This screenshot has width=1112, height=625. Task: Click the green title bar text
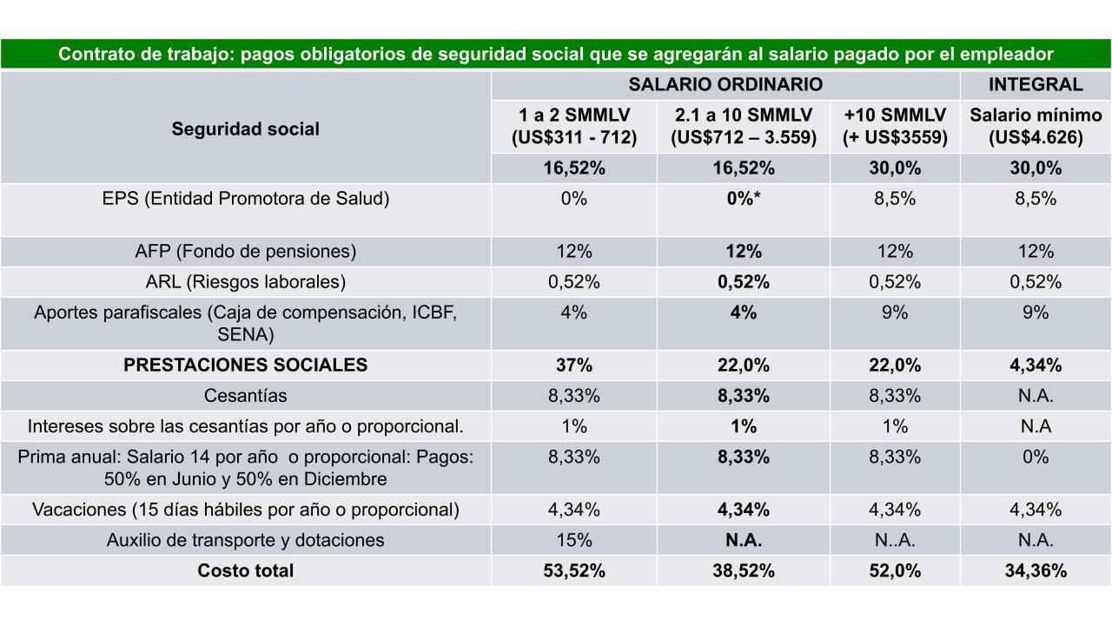556,54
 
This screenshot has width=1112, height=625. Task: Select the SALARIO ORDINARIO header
725,84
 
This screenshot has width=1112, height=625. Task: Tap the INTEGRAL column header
1036,84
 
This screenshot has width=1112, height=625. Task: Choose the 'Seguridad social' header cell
245,128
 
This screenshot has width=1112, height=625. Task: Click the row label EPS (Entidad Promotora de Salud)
245,198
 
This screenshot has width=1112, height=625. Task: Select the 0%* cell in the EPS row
744,198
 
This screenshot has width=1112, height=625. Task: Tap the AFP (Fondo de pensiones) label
245,251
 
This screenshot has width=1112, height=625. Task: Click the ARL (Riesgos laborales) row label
245,281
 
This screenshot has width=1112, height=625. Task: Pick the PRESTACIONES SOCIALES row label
245,365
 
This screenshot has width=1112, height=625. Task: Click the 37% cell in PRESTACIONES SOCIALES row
573,365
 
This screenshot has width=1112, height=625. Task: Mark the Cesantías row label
245,396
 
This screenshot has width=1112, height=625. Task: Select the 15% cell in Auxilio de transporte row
573,540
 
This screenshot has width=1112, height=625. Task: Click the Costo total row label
245,570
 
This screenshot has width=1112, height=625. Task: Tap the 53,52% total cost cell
573,570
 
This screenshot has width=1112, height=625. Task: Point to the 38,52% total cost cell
744,570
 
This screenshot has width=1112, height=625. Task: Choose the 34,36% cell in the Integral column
1036,570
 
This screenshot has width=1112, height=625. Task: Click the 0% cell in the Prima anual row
1036,457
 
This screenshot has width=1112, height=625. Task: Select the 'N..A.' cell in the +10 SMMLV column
895,540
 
